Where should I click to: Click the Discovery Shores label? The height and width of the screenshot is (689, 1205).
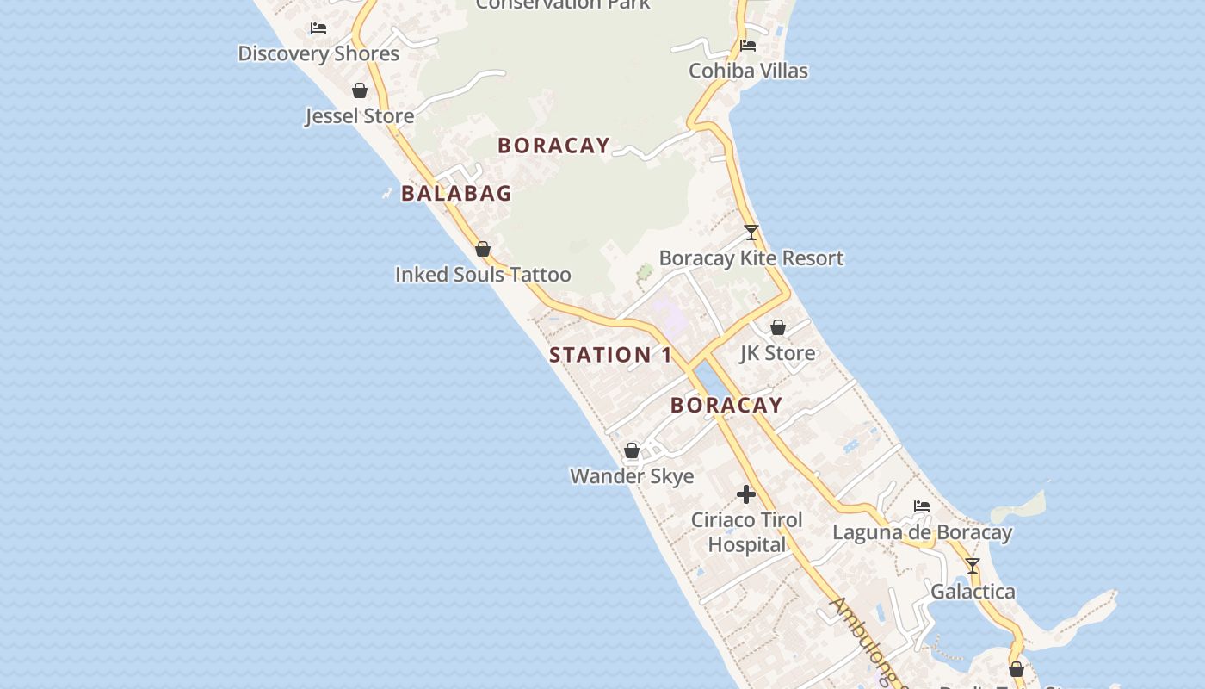pos(318,53)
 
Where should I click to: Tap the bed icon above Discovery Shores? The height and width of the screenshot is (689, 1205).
pos(318,28)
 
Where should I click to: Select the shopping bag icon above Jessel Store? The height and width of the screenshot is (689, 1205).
pos(360,90)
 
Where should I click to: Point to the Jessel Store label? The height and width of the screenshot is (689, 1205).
pos(360,115)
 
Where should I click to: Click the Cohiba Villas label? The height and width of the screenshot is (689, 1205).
pos(748,71)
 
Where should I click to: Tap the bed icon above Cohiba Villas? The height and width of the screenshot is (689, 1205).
pos(748,46)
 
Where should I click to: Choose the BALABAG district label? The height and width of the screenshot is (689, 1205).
pos(456,194)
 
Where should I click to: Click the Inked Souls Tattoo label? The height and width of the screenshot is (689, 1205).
pos(483,275)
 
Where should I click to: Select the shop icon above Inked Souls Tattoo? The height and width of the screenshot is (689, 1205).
pos(483,250)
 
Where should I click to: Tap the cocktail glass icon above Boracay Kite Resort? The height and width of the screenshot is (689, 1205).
pos(751,233)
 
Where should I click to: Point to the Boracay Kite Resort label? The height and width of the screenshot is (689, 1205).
pos(751,258)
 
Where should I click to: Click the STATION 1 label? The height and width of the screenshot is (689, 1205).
pos(611,355)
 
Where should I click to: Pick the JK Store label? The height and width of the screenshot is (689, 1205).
pos(777,353)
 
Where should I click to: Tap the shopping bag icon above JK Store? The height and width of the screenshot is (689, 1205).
pos(778,327)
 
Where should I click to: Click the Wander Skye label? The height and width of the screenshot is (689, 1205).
pos(632,476)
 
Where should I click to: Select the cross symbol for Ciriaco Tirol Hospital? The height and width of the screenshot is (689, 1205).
pos(746,494)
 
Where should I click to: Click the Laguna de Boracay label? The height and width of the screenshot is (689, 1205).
pos(922,532)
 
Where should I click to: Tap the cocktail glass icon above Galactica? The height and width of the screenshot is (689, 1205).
pos(973,566)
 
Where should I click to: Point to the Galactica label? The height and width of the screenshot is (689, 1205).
pos(973,592)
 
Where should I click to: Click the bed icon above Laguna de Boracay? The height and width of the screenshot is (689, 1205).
pos(922,506)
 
